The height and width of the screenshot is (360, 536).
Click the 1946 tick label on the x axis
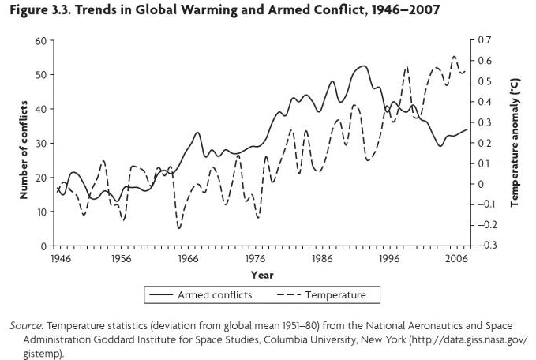click(x=58, y=258)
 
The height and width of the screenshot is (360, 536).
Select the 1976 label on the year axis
click(x=255, y=258)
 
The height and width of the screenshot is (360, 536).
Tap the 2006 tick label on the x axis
click(x=454, y=258)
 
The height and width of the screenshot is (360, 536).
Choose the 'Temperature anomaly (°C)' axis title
click(x=515, y=143)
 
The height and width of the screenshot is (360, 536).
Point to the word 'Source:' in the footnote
click(x=28, y=326)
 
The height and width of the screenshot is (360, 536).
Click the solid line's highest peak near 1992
click(x=362, y=66)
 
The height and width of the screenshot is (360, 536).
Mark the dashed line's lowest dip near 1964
click(x=179, y=228)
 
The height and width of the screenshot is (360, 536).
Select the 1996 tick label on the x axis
click(x=387, y=258)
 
